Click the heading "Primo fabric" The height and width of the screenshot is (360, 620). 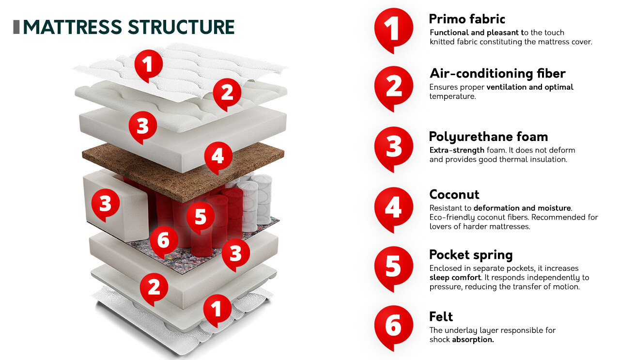(467, 19)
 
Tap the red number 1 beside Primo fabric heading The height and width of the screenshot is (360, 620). (394, 28)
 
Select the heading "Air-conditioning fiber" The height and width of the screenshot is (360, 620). (497, 74)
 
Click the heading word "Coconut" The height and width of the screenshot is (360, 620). (454, 195)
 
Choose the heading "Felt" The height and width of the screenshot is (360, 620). (441, 317)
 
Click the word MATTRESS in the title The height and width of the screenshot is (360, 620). (72, 27)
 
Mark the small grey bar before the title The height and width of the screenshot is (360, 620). (16, 27)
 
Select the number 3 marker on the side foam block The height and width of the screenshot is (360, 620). (106, 204)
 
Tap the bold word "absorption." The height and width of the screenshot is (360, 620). (473, 340)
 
